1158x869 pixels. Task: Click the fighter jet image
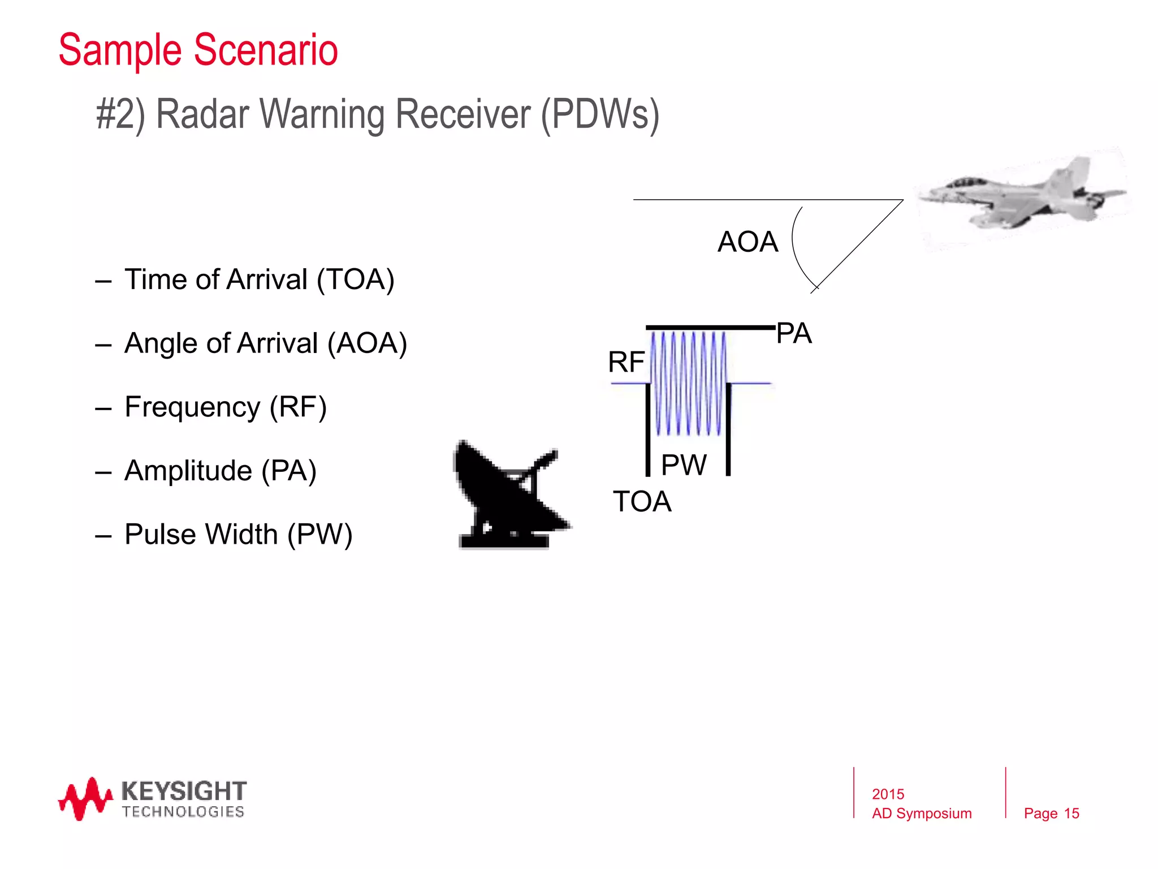click(1021, 195)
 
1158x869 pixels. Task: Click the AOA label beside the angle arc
click(747, 242)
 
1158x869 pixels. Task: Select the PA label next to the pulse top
click(794, 333)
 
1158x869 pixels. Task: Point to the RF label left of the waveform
click(626, 362)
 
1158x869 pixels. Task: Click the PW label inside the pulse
click(684, 466)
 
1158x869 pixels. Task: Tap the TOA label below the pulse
click(642, 502)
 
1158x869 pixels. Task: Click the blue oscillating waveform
click(689, 384)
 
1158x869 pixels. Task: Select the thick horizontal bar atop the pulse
click(710, 328)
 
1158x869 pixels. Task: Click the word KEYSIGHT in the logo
click(184, 790)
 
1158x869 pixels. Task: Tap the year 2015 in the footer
click(888, 794)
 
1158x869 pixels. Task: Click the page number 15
click(1071, 814)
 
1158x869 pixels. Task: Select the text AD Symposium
click(922, 814)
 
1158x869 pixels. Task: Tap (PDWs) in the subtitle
click(600, 115)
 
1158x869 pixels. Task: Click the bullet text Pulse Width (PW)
click(238, 534)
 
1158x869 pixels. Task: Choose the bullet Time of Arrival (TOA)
click(259, 279)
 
